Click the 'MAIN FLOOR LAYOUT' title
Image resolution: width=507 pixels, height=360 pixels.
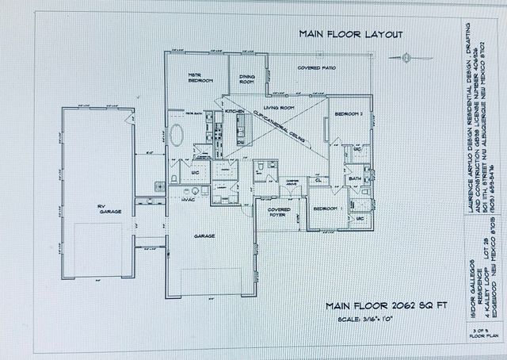click(351, 34)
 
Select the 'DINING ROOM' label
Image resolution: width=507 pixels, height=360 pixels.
click(247, 79)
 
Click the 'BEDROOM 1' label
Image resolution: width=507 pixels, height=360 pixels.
click(325, 209)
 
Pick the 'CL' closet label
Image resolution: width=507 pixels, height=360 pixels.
click(317, 180)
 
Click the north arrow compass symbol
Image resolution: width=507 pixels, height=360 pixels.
click(405, 56)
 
